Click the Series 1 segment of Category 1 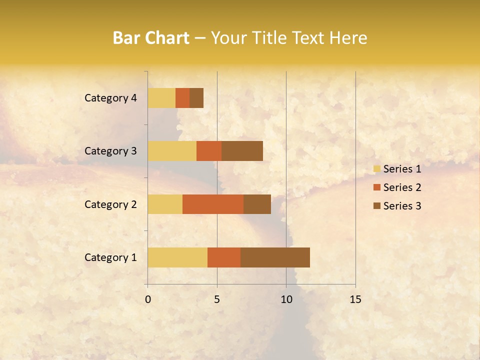click(177, 257)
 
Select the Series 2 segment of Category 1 click(224, 257)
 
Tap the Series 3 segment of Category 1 click(275, 257)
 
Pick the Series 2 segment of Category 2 click(213, 204)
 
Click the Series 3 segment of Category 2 click(257, 204)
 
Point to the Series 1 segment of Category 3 click(172, 151)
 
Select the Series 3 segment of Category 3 click(242, 151)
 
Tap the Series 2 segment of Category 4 click(182, 98)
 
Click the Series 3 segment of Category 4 click(196, 98)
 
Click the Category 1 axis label click(110, 257)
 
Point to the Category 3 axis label click(110, 151)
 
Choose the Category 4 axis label click(110, 98)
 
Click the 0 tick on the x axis click(148, 299)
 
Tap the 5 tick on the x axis click(217, 299)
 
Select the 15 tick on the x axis click(355, 299)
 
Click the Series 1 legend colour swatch click(376, 169)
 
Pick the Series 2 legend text click(402, 187)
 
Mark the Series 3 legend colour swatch click(376, 206)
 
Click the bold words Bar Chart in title click(151, 38)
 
